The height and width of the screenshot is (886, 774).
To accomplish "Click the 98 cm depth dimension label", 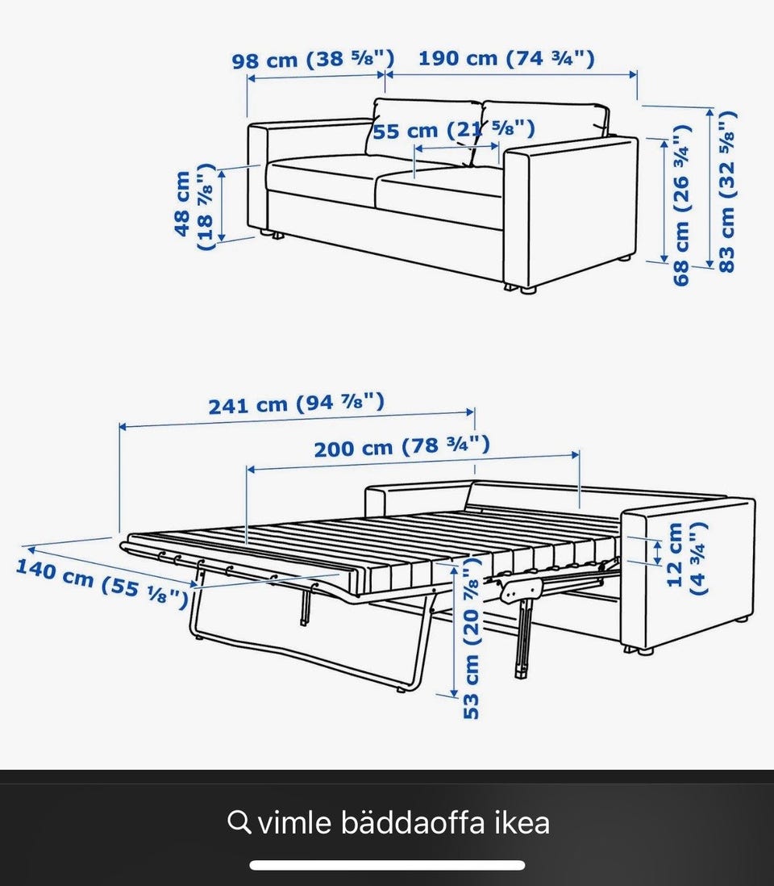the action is click(x=313, y=60).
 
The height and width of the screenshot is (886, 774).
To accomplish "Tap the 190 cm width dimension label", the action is click(x=506, y=58).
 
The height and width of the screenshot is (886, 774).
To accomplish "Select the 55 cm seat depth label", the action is click(x=453, y=131).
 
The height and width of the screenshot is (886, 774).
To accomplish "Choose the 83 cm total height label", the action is click(x=728, y=191).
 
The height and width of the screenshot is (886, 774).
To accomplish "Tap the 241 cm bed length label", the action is click(x=297, y=403).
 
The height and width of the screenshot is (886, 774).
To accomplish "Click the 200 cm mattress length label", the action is click(x=402, y=447).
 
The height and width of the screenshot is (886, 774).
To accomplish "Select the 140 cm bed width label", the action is click(x=102, y=583).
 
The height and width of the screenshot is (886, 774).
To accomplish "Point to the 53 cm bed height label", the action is click(x=472, y=638).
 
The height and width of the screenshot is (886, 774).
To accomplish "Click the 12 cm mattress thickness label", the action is click(x=686, y=557).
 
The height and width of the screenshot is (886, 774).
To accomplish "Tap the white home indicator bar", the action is click(x=387, y=865).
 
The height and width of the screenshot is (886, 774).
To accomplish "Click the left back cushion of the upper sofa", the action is click(x=426, y=130).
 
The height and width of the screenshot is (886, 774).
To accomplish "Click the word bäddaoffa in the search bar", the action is click(x=413, y=823).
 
